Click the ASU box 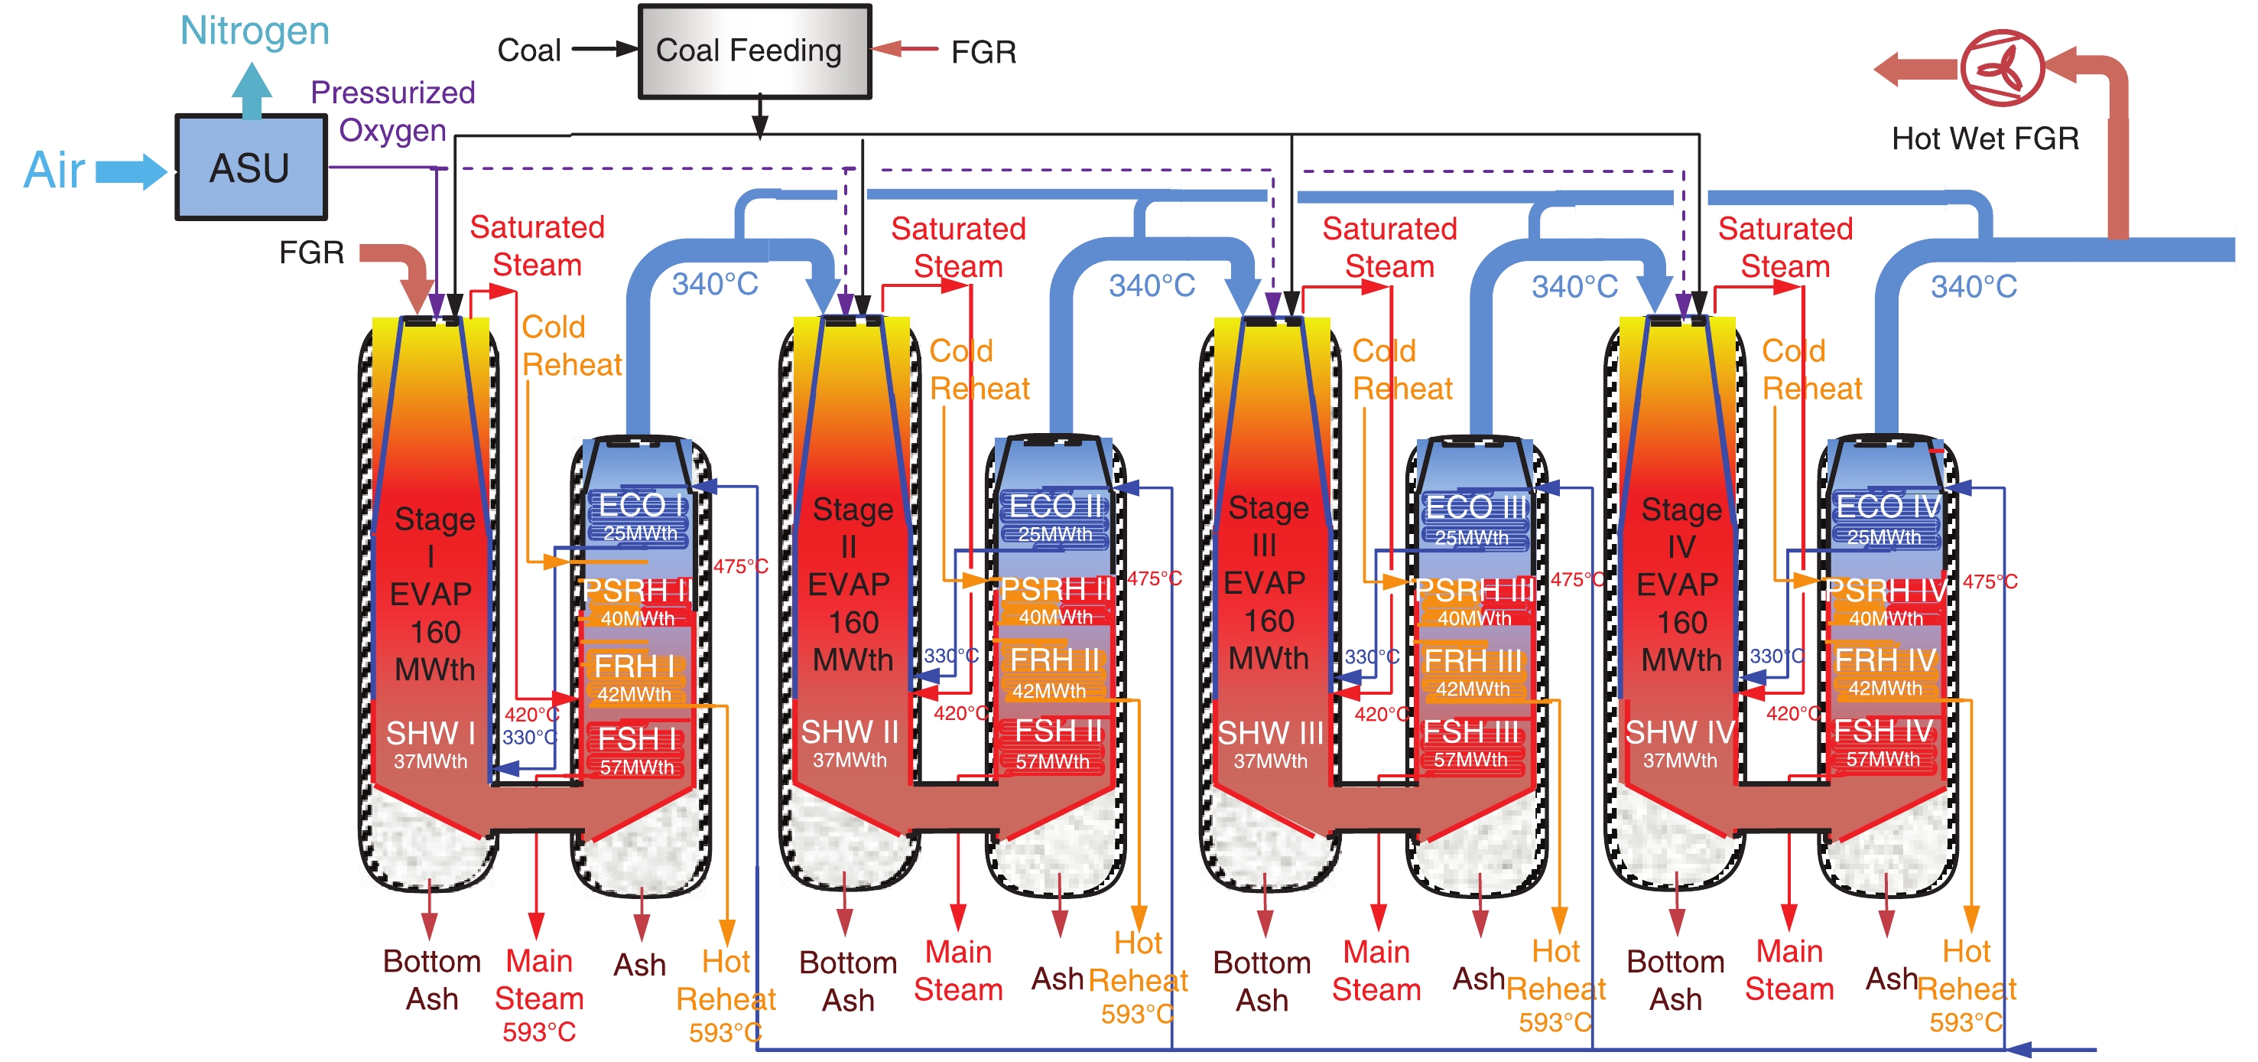[251, 167]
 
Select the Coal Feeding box [754, 50]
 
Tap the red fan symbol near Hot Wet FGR [2001, 67]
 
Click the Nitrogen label [254, 31]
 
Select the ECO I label [641, 505]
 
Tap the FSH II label [1057, 731]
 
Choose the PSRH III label [1474, 590]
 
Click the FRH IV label [1885, 660]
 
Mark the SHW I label [430, 733]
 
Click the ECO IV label [1888, 506]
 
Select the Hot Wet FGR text [1984, 138]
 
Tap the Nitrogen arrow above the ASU [252, 90]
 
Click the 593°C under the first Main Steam [538, 1032]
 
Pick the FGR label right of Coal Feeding [983, 53]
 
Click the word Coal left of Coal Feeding [528, 50]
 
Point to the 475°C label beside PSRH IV [1989, 581]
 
